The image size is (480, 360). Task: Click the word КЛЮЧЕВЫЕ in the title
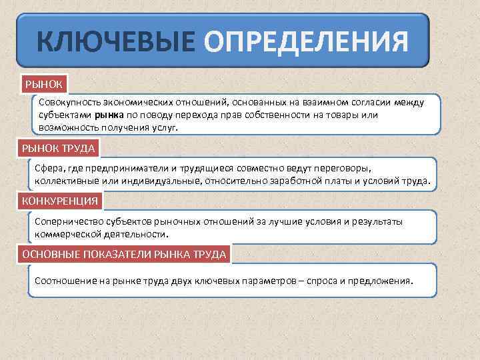[x=116, y=42]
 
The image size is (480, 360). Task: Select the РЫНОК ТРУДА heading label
[x=59, y=147]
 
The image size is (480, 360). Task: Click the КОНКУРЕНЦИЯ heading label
[x=60, y=200]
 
